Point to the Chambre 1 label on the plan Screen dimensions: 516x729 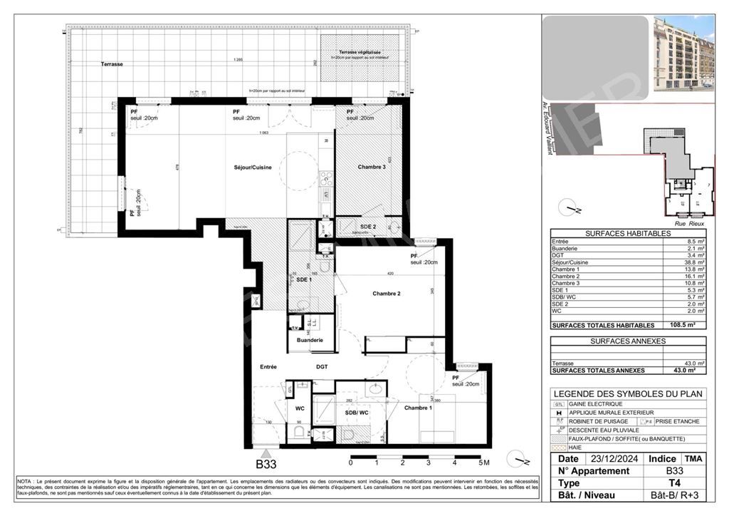point(418,408)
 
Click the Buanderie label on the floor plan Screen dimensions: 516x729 point(310,340)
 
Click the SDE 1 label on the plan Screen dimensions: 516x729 point(304,280)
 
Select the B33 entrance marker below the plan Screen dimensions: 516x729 point(266,463)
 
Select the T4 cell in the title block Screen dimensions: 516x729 point(673,483)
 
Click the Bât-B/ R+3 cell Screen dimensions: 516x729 point(673,495)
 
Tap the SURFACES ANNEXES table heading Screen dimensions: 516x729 point(627,341)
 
